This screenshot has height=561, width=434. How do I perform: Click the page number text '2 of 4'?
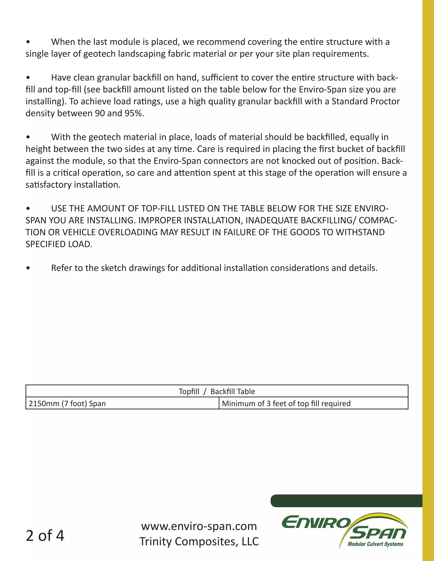(45, 536)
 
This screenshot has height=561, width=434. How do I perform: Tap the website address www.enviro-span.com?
(199, 526)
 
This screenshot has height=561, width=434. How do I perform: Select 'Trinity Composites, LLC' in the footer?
(199, 541)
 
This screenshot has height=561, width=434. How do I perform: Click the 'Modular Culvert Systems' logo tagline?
(375, 544)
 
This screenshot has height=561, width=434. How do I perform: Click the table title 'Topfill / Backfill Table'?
(217, 391)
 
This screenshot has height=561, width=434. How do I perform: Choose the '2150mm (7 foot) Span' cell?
(67, 403)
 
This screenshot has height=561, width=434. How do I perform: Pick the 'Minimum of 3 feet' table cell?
(286, 403)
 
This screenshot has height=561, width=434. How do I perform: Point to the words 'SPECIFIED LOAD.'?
(59, 244)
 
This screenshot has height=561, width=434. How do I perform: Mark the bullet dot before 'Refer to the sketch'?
(28, 268)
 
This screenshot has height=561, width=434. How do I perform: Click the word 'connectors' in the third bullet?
(233, 161)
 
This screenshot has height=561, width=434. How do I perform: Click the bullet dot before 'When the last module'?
(28, 42)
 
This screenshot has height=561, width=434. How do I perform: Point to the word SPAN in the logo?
(378, 534)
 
